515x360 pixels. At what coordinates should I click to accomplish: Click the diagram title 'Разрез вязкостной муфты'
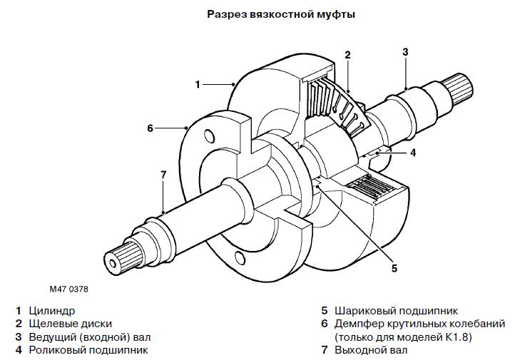click(x=281, y=15)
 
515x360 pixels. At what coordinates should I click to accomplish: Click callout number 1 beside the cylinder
click(x=198, y=84)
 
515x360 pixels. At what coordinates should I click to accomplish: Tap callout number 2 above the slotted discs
click(x=347, y=55)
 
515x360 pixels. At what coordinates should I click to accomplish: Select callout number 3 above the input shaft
click(x=405, y=52)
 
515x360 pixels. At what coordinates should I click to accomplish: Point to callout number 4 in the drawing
click(x=413, y=153)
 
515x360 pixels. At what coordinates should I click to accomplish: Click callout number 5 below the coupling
click(x=394, y=268)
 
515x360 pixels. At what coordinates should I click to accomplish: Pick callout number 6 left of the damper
click(x=150, y=128)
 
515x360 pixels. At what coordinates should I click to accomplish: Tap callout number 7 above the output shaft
click(x=163, y=175)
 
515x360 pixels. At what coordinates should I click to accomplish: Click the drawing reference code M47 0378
click(x=69, y=289)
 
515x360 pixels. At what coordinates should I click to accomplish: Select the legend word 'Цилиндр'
click(x=52, y=311)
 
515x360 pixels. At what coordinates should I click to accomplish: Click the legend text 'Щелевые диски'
click(x=71, y=324)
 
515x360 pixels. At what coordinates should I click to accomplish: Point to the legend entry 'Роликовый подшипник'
click(x=88, y=350)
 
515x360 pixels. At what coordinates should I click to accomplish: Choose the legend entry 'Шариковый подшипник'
click(x=396, y=311)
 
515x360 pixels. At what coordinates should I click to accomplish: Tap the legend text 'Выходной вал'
click(x=371, y=350)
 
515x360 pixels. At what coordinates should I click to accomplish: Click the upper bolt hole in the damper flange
click(x=209, y=137)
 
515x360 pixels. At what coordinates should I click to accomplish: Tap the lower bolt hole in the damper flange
click(x=240, y=258)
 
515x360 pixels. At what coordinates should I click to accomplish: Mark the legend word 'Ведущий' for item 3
click(x=49, y=337)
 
